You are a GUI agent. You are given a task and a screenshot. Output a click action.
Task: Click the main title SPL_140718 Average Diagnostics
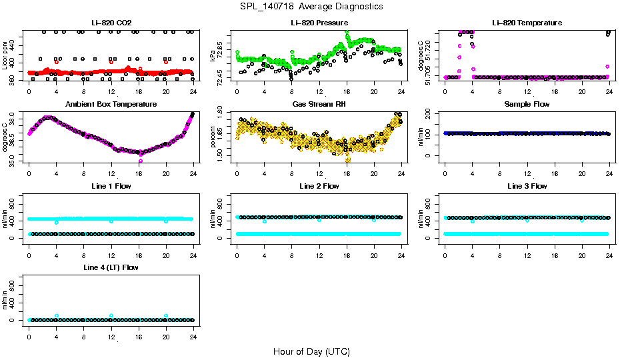312,6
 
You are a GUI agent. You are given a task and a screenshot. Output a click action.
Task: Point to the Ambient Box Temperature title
111,104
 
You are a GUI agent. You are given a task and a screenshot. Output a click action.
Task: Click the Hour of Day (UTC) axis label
311,351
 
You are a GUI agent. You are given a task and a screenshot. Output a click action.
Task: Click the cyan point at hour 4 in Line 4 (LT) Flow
57,316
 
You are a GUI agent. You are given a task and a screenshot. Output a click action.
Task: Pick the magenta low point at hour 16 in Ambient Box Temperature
140,161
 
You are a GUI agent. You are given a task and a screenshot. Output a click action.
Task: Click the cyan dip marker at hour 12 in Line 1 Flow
111,221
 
